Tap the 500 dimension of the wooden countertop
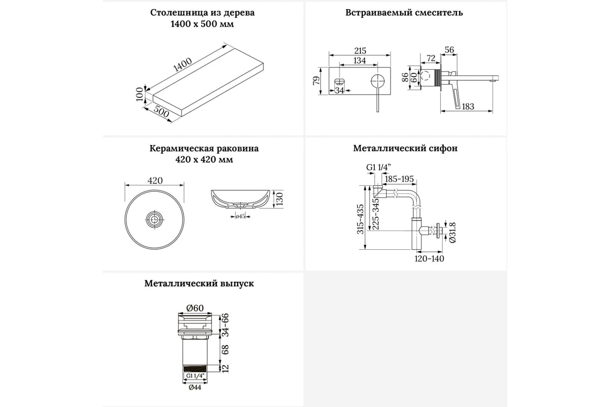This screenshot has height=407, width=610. pos(161,112)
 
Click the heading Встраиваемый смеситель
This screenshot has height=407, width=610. pos(404,12)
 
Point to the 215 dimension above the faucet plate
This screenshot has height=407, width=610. pos(359,51)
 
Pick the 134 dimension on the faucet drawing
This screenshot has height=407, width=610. pos(359,61)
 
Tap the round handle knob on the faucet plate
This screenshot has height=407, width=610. pos(377,81)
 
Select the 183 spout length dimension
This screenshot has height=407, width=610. pos(468,106)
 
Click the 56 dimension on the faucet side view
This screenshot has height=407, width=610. pos(449,49)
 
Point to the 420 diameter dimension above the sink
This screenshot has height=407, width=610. pos(155,181)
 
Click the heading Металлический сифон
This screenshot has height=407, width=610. pos(405,149)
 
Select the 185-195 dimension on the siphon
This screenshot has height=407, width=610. pos(400,179)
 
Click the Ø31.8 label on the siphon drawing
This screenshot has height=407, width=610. pos(446,233)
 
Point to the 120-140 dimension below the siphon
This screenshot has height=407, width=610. pos(430,259)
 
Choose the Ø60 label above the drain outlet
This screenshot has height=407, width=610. pos(195,308)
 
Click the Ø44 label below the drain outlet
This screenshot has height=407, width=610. pos(195,387)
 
